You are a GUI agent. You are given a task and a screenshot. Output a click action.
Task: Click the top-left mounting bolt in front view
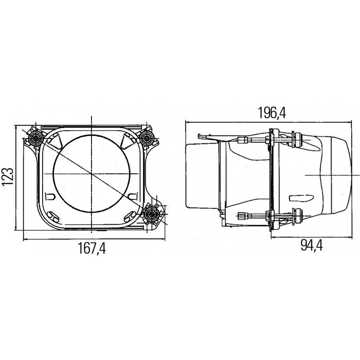36,137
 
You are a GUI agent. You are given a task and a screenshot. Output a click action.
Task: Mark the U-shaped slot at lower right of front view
132,196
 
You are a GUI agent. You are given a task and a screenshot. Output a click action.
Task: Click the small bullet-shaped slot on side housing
301,199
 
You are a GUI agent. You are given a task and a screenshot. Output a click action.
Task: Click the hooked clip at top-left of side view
205,137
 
